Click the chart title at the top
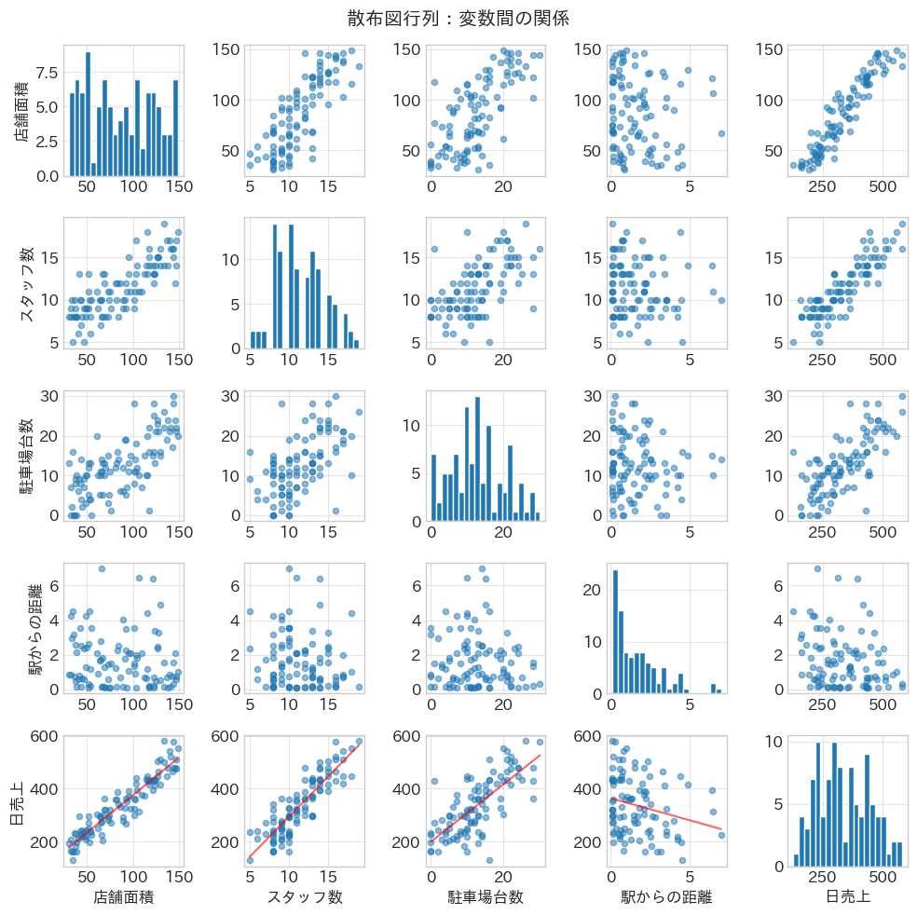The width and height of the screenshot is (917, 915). [x=458, y=18]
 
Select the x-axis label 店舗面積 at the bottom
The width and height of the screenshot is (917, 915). [x=123, y=897]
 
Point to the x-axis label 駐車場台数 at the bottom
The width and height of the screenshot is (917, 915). [x=486, y=897]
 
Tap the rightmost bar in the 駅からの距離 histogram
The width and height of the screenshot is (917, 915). [x=719, y=691]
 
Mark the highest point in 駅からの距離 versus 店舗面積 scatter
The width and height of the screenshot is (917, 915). [x=102, y=568]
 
